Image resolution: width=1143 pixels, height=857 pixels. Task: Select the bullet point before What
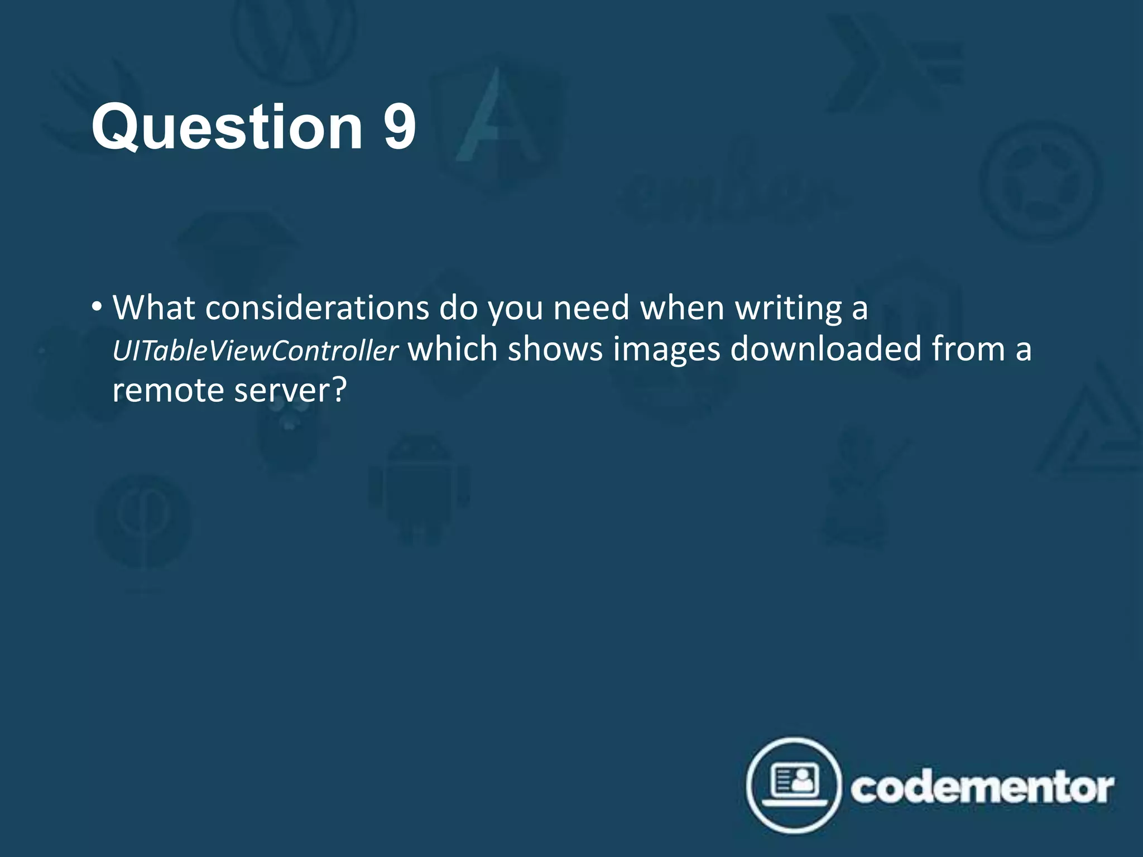[x=97, y=306]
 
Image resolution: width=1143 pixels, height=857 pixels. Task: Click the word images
[x=666, y=350]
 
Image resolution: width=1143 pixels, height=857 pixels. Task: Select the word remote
[x=168, y=390]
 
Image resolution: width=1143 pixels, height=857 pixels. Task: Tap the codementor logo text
[x=982, y=788]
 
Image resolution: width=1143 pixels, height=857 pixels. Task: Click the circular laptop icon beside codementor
[x=793, y=785]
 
